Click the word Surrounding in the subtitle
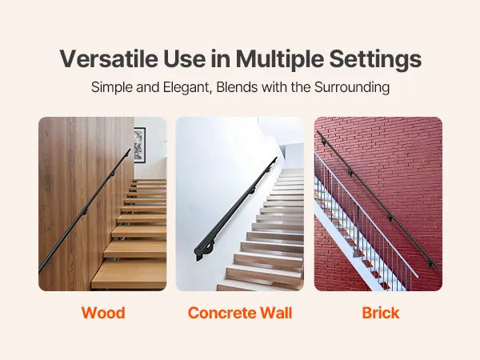pyautogui.click(x=352, y=87)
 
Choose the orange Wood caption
pyautogui.click(x=103, y=313)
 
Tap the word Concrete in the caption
pyautogui.click(x=221, y=313)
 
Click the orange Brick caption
pyautogui.click(x=381, y=313)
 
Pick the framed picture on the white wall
pyautogui.click(x=139, y=145)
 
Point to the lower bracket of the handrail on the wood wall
pyautogui.click(x=85, y=212)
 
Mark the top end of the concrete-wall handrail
pyautogui.click(x=276, y=158)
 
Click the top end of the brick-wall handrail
pyautogui.click(x=318, y=132)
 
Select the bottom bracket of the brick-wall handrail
pyautogui.click(x=430, y=263)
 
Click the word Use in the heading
pyautogui.click(x=184, y=58)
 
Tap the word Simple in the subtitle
pyautogui.click(x=112, y=87)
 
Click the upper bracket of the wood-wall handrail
pyautogui.click(x=112, y=174)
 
